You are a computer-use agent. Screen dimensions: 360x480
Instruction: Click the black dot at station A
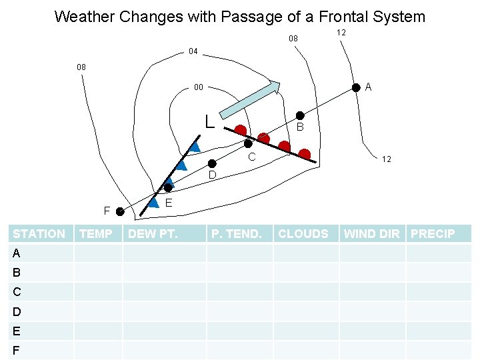pos(357,87)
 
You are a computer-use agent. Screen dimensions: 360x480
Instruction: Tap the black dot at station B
pos(300,115)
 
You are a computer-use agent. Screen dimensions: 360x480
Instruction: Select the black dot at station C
pos(248,143)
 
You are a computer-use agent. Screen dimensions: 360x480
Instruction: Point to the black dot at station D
pos(211,163)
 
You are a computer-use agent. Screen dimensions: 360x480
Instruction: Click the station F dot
pos(119,212)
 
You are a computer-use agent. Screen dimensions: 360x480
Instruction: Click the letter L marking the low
pos(209,121)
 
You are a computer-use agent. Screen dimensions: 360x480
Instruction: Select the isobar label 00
pos(199,87)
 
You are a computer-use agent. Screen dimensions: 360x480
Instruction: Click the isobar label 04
pos(193,51)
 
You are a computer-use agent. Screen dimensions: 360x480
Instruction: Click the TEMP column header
pos(96,233)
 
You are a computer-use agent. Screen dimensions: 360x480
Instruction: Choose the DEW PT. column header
pos(153,233)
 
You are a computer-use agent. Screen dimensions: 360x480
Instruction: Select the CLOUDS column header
pos(303,233)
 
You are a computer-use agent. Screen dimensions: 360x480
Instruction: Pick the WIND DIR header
pos(372,233)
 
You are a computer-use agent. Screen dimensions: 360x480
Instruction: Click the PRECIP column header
pos(433,233)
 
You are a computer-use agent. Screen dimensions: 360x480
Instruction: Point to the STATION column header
pos(39,233)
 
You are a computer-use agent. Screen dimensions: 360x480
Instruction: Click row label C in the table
pos(17,291)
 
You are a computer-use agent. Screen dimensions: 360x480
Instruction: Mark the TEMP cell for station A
pos(97,253)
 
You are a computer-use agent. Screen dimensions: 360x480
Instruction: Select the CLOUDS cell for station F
pos(305,349)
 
